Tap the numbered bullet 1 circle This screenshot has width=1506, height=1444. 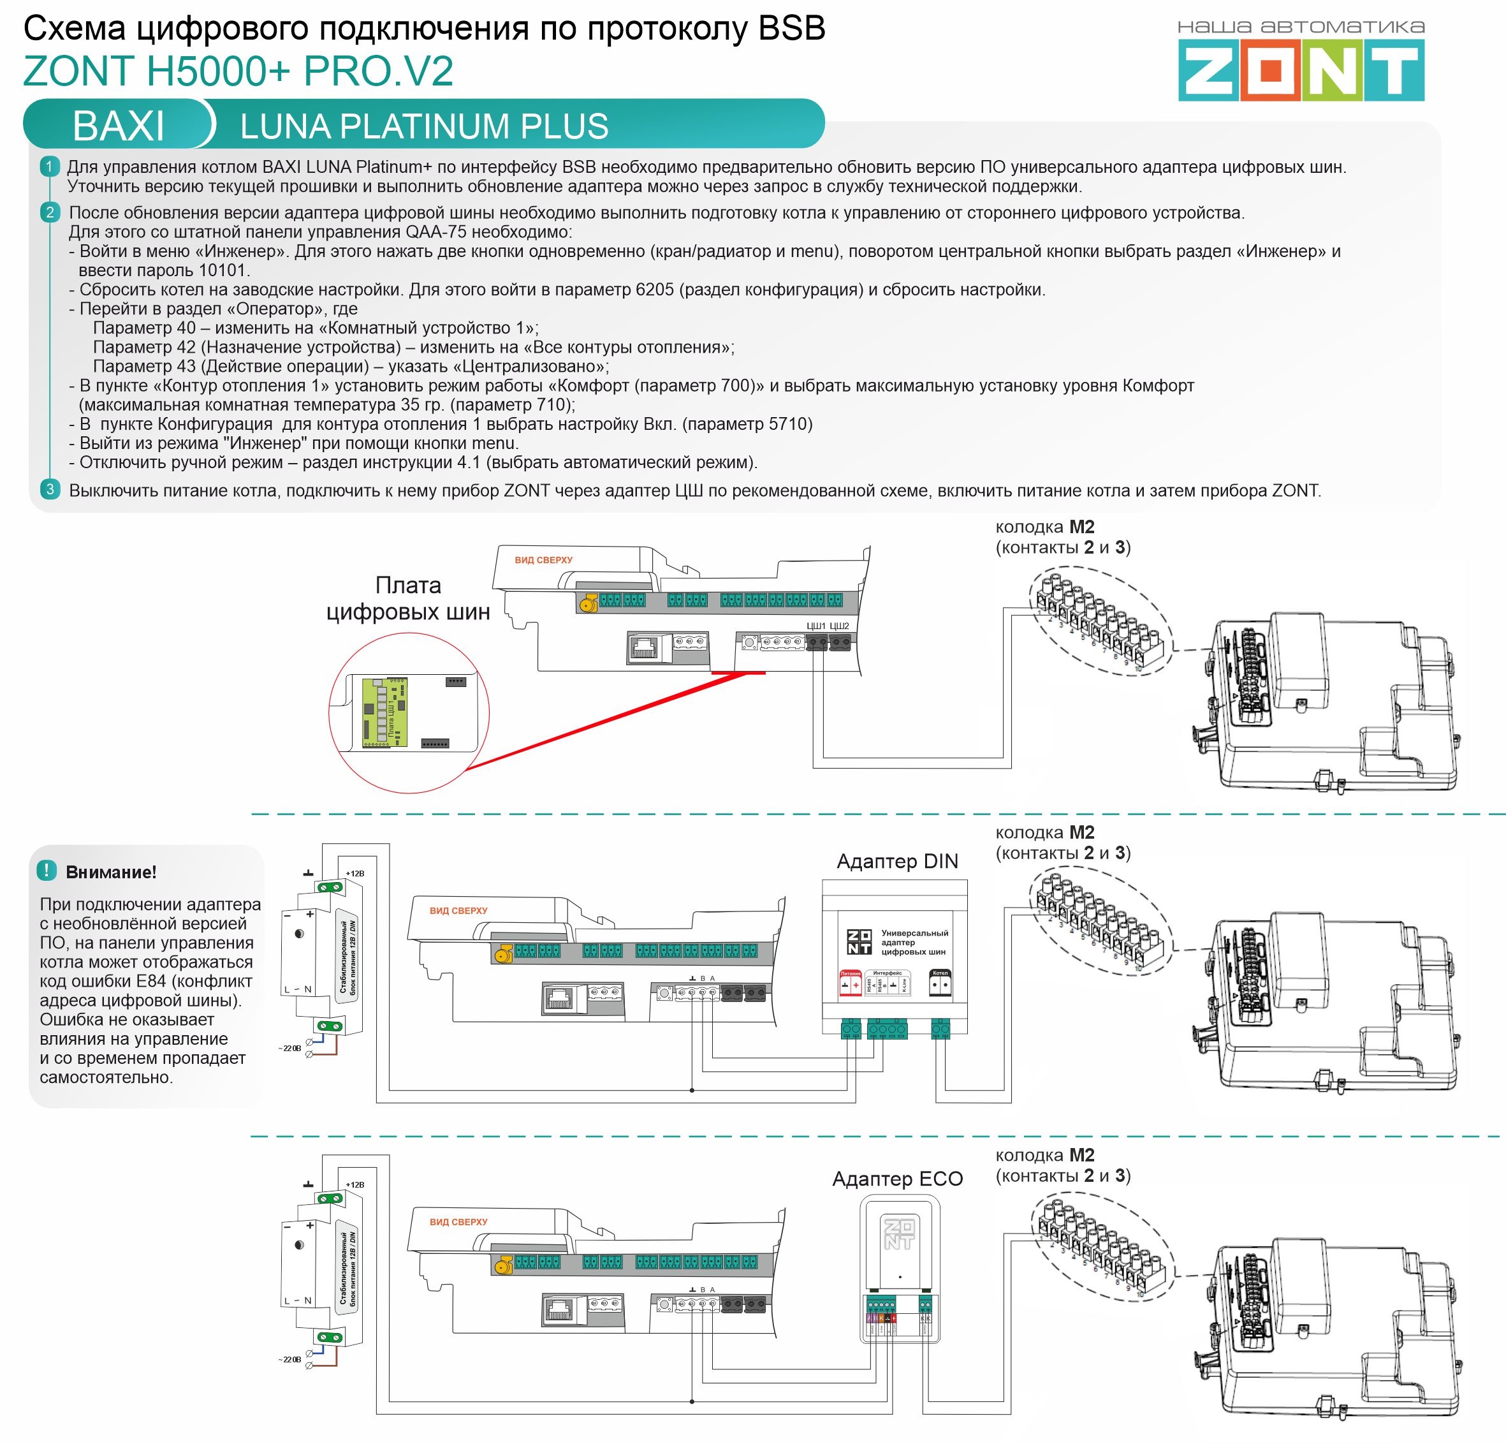pyautogui.click(x=50, y=166)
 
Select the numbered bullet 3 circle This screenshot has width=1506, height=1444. pyautogui.click(x=50, y=490)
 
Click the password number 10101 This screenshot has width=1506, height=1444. pyautogui.click(x=223, y=270)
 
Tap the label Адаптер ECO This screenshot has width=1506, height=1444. pyautogui.click(x=896, y=1178)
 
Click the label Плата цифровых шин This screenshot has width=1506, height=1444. pyautogui.click(x=408, y=599)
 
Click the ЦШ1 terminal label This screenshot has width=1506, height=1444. pyautogui.click(x=816, y=626)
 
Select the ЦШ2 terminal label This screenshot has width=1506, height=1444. pyautogui.click(x=840, y=626)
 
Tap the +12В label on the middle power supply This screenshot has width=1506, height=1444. pyautogui.click(x=355, y=874)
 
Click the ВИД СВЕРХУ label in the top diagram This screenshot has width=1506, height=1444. pyautogui.click(x=543, y=560)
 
